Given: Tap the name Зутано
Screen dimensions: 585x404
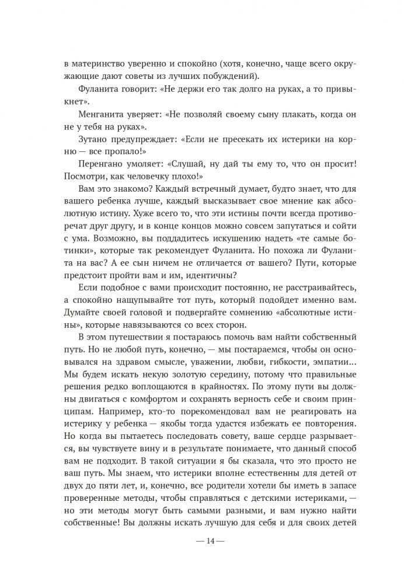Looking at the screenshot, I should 93,140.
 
